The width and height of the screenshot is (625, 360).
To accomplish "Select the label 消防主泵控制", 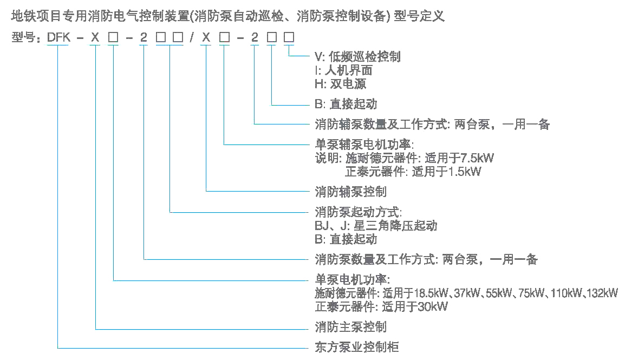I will (x=350, y=328).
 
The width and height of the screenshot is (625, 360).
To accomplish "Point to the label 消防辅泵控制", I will (x=350, y=192).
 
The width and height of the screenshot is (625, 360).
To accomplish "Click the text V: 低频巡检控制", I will (x=357, y=57).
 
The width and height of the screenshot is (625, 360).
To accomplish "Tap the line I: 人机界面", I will (x=343, y=70).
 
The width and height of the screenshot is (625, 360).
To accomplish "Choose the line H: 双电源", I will (x=340, y=84).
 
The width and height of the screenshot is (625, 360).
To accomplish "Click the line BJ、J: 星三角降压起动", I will (x=376, y=225).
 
